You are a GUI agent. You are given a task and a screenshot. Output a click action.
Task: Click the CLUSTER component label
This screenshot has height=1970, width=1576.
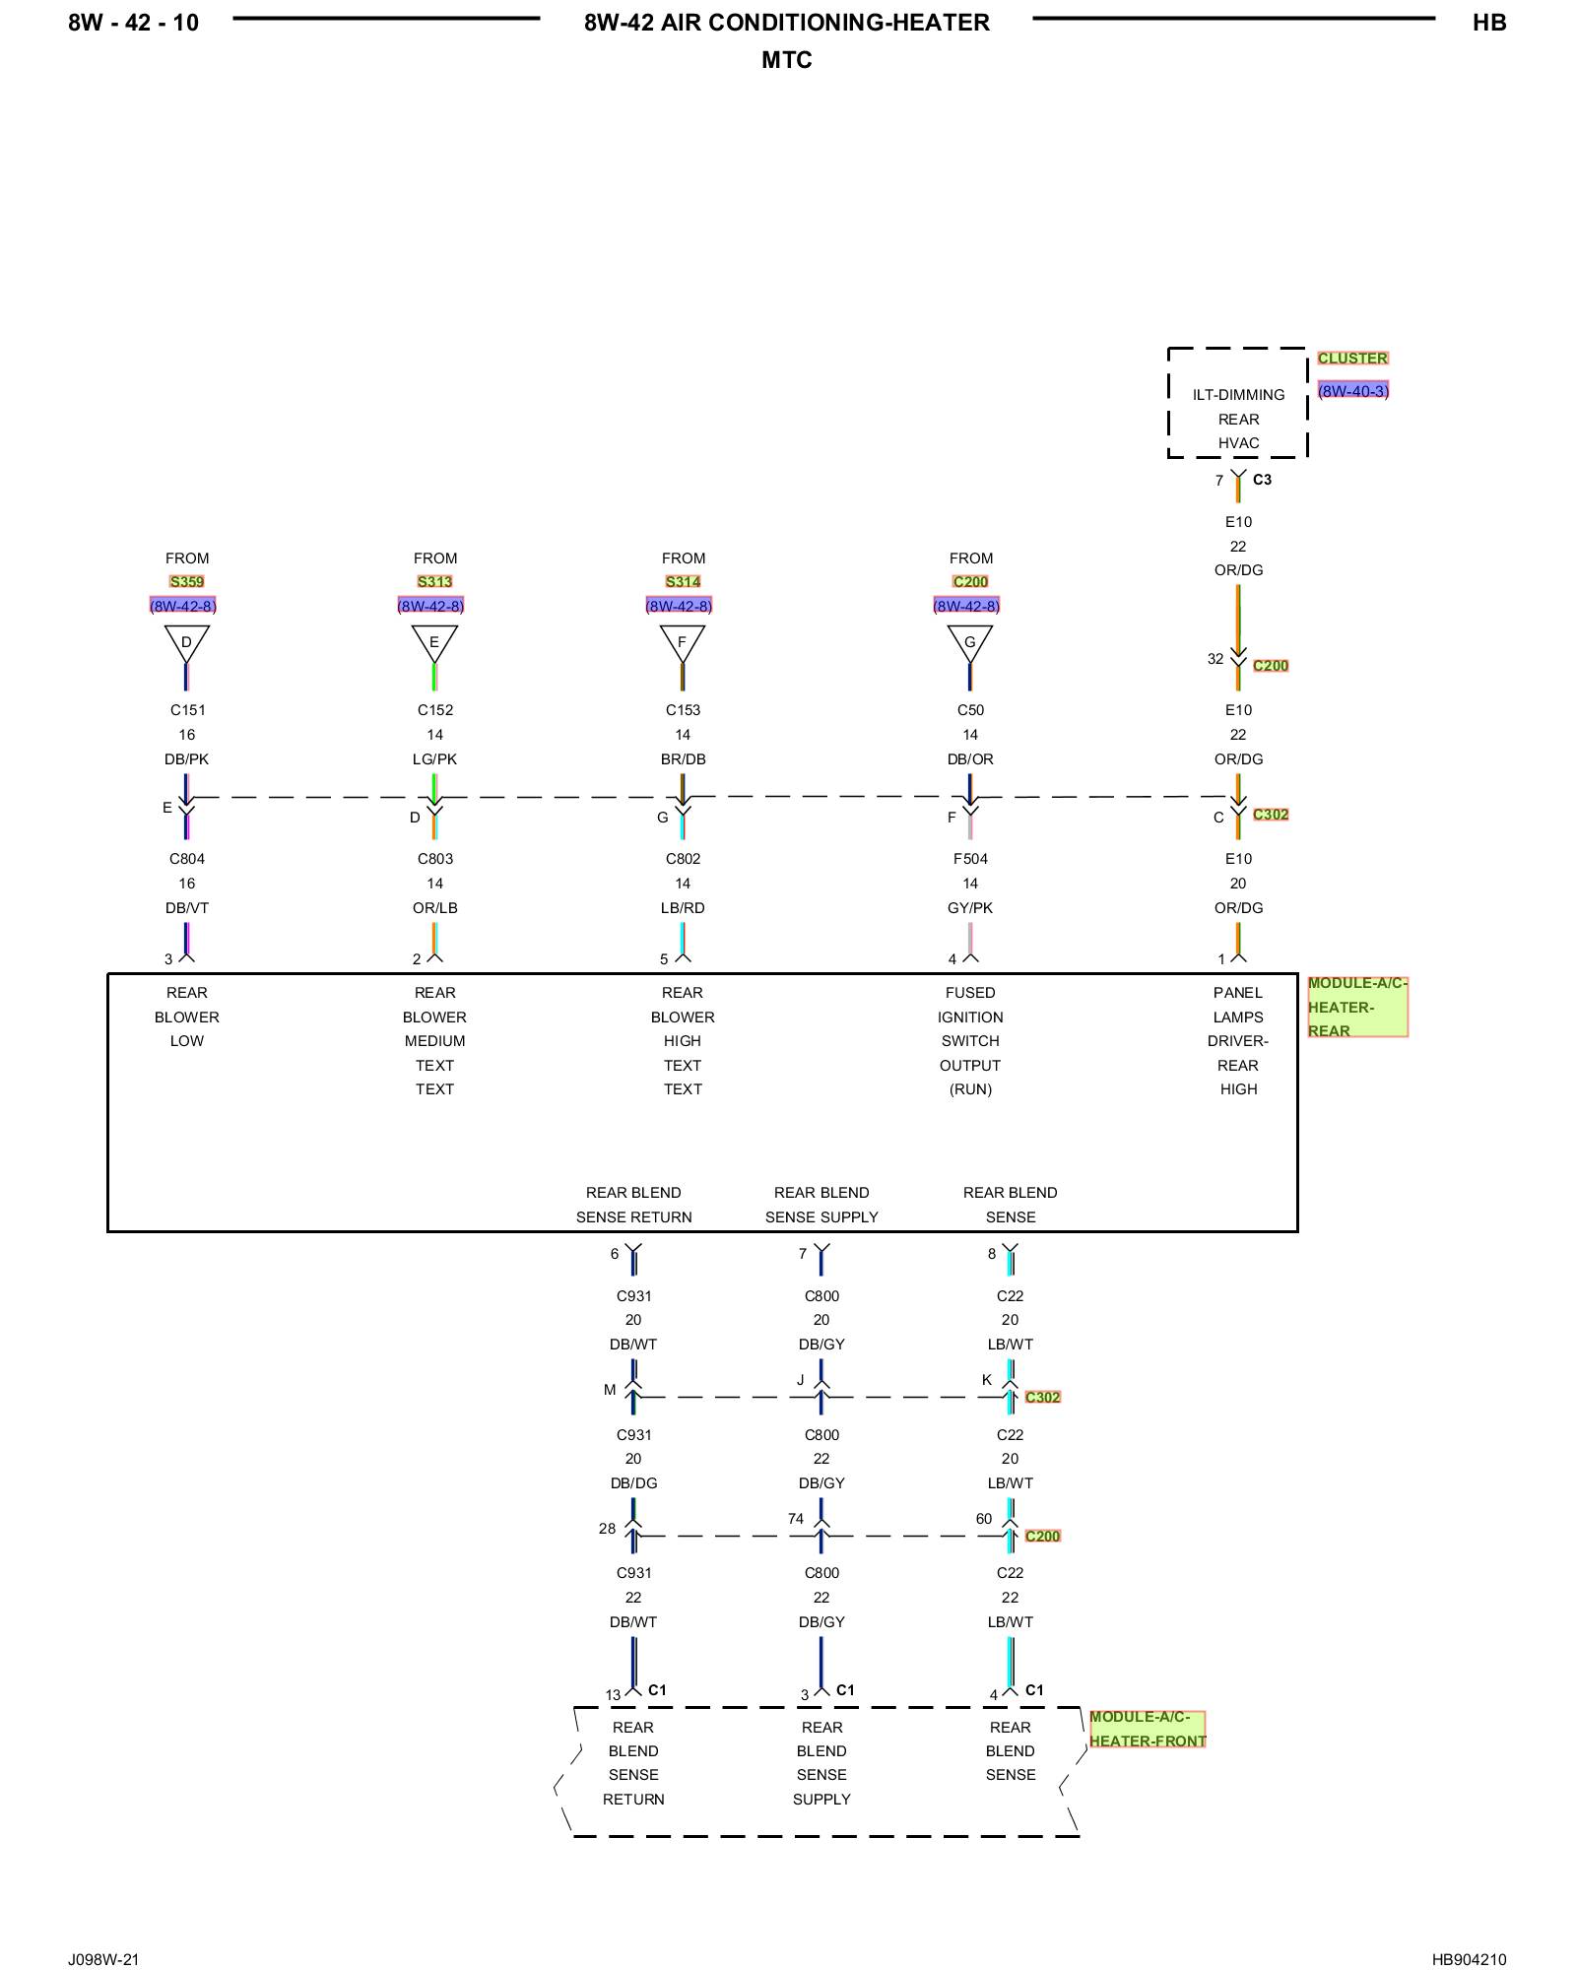[1352, 359]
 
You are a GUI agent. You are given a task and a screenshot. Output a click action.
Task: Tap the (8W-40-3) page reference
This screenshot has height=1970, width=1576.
[1353, 391]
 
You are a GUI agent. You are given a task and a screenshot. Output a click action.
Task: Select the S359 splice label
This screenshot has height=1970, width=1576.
[186, 582]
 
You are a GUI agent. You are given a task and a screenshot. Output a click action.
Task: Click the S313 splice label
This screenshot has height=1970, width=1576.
[434, 582]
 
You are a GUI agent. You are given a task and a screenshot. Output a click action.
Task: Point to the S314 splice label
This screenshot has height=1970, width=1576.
[683, 582]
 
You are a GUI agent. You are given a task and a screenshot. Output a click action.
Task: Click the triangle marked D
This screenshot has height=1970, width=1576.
[186, 642]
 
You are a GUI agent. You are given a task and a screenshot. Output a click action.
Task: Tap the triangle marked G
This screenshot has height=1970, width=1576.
[970, 642]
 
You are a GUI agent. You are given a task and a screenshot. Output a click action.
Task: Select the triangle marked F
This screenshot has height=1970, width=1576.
[683, 642]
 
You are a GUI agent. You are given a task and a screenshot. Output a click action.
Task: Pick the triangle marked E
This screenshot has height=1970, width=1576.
[434, 642]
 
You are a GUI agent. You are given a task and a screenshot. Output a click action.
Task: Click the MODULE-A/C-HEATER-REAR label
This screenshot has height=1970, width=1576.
[1357, 1007]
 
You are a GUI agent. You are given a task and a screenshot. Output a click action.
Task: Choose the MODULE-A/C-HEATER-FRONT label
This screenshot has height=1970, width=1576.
[1148, 1729]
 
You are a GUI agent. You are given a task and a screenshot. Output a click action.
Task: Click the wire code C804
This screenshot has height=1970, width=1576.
[186, 859]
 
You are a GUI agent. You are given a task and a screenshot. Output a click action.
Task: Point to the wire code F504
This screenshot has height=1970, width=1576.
[970, 859]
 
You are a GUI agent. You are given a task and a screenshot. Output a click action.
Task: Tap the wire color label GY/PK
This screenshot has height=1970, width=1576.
[970, 908]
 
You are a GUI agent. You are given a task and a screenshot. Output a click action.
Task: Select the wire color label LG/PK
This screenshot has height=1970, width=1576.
[434, 759]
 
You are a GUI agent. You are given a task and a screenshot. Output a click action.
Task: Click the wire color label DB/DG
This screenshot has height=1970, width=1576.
[633, 1483]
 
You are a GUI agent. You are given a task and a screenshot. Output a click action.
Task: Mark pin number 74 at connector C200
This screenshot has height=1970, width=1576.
[796, 1519]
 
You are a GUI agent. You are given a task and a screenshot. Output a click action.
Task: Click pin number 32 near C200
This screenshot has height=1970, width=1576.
[1215, 659]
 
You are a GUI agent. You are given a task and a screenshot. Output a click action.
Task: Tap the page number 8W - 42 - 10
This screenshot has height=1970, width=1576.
[133, 23]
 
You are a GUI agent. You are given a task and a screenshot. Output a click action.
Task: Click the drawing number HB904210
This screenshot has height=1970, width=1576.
[1469, 1959]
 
